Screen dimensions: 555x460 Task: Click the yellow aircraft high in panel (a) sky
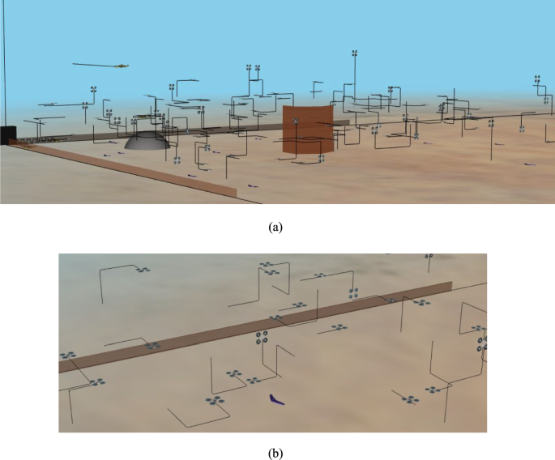click(121, 66)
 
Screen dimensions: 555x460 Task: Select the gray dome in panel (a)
click(147, 141)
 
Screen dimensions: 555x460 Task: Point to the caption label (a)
click(277, 228)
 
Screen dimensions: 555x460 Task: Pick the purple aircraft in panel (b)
click(275, 398)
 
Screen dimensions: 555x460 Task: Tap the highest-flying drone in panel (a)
click(355, 54)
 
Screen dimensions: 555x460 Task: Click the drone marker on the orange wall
click(297, 121)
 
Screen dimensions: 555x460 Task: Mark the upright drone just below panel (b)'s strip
click(262, 339)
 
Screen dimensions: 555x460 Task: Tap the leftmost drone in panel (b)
click(67, 355)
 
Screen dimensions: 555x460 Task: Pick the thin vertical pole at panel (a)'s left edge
click(2, 65)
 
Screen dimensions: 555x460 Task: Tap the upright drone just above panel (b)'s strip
click(352, 292)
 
